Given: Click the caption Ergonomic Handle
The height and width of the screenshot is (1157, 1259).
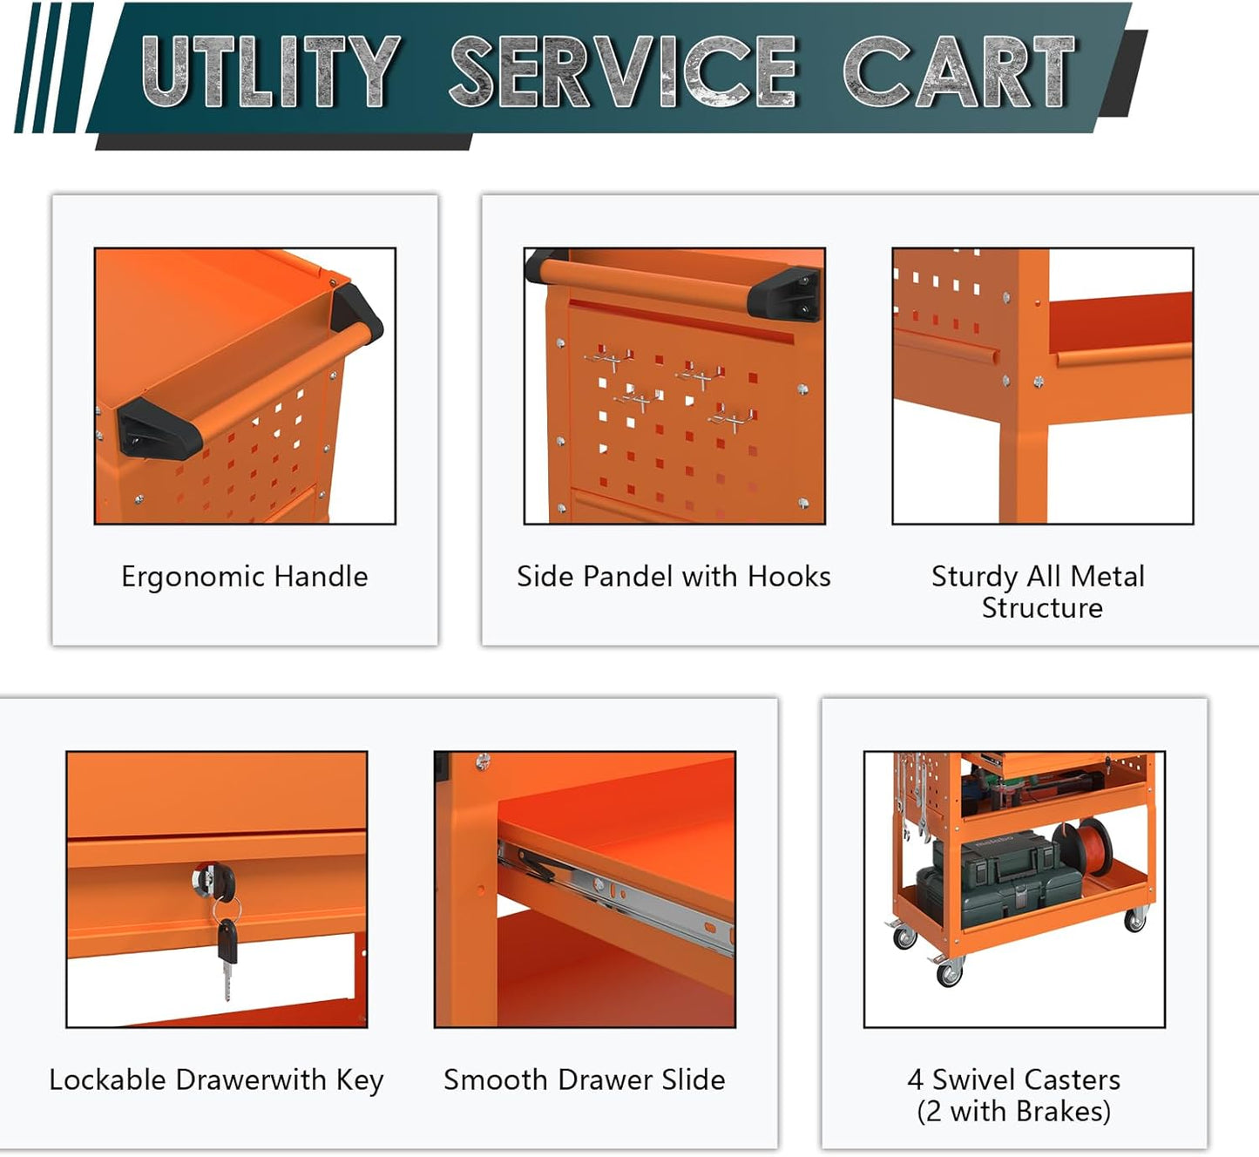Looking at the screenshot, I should click(x=245, y=577).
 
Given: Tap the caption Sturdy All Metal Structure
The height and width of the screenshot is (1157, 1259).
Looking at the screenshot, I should click(x=1039, y=592).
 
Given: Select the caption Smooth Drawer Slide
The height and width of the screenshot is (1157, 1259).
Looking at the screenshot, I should click(x=584, y=1080).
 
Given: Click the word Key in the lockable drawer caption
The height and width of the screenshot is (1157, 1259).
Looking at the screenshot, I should click(x=359, y=1080).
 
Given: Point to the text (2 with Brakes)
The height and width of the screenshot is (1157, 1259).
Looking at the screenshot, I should click(x=1014, y=1112).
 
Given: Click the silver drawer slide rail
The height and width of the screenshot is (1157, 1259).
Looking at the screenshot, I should click(x=627, y=897).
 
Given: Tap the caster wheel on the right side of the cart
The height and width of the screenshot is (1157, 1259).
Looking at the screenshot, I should click(x=1135, y=920).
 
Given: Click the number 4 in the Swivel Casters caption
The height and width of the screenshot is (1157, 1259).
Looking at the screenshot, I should click(x=915, y=1080).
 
